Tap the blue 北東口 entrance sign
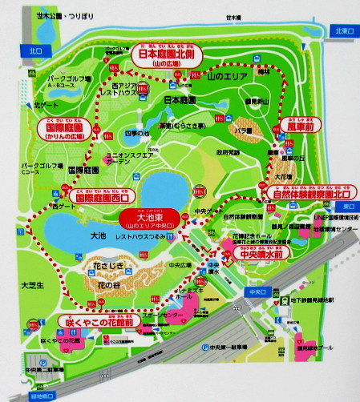pyautogui.click(x=346, y=32)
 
